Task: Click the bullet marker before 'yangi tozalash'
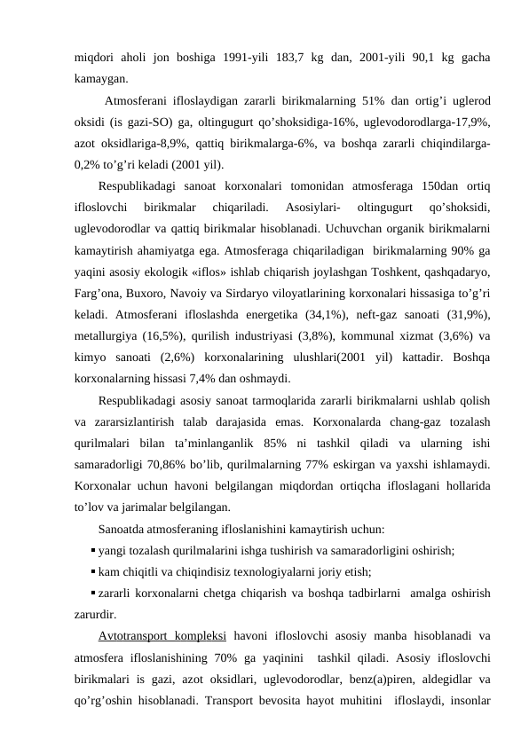(93, 550)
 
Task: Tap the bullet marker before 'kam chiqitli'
(93, 571)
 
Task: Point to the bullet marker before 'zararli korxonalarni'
(93, 592)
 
